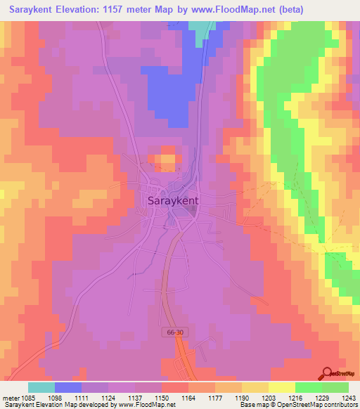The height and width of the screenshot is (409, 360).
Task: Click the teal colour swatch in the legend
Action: pyautogui.click(x=41, y=387)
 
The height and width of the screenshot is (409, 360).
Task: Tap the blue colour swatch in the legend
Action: pyautogui.click(x=68, y=387)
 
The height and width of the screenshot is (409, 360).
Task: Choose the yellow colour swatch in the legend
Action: pyautogui.click(x=282, y=387)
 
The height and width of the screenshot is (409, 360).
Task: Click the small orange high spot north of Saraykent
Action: pyautogui.click(x=167, y=159)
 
